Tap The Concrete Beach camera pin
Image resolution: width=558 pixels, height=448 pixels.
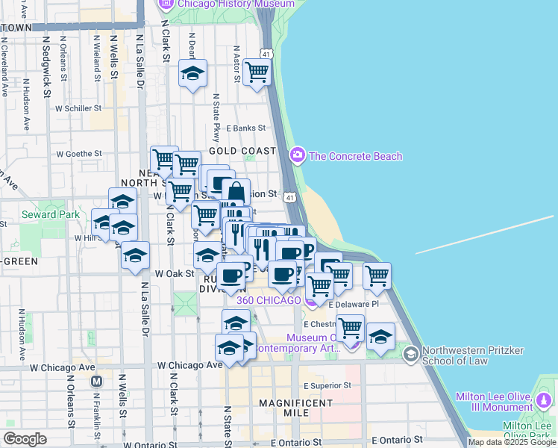tap(298, 155)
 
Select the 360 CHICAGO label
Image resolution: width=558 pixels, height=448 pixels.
tap(269, 300)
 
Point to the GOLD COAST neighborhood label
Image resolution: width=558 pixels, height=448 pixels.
tap(242, 151)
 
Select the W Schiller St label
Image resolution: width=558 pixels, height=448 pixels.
tap(78, 108)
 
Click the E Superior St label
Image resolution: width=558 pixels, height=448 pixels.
tap(327, 385)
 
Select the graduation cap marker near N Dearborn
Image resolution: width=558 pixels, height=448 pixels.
tap(193, 74)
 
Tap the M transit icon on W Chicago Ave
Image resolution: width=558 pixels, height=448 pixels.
tap(96, 381)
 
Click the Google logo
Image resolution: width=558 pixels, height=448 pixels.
tap(25, 439)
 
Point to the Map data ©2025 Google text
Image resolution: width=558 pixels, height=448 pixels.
tap(512, 442)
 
